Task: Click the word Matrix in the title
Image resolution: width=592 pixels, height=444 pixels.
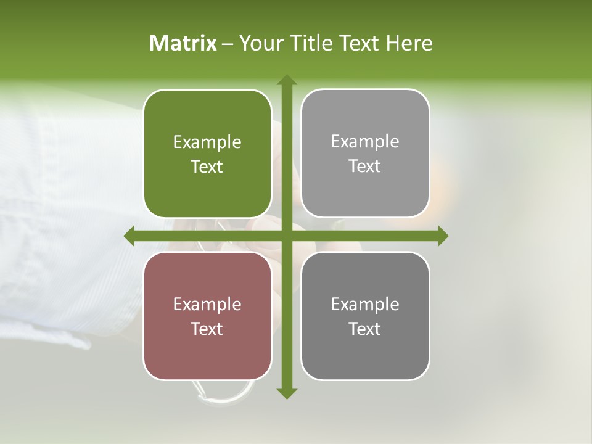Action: click(x=183, y=43)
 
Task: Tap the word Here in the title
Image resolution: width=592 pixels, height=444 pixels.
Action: click(x=409, y=43)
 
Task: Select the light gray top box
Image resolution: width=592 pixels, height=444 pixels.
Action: click(x=365, y=117)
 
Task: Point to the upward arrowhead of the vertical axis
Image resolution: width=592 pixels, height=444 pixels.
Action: click(x=286, y=80)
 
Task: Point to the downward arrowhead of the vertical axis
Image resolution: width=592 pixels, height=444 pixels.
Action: click(x=286, y=393)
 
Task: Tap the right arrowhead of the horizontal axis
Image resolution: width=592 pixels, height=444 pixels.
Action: click(x=442, y=236)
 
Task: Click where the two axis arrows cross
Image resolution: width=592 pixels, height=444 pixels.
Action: click(x=286, y=236)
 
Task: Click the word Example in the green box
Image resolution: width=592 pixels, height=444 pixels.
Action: click(x=207, y=142)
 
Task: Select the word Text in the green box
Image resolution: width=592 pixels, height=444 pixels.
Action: click(x=207, y=167)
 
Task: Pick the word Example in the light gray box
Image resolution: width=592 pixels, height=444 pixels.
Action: click(x=365, y=142)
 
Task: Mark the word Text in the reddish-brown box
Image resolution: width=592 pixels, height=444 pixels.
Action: click(x=207, y=329)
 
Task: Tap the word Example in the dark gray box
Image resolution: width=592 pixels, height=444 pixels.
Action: click(x=365, y=304)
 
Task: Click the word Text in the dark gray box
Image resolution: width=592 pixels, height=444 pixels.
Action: click(x=365, y=329)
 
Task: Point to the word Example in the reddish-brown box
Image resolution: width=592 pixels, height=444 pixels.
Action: click(x=207, y=304)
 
